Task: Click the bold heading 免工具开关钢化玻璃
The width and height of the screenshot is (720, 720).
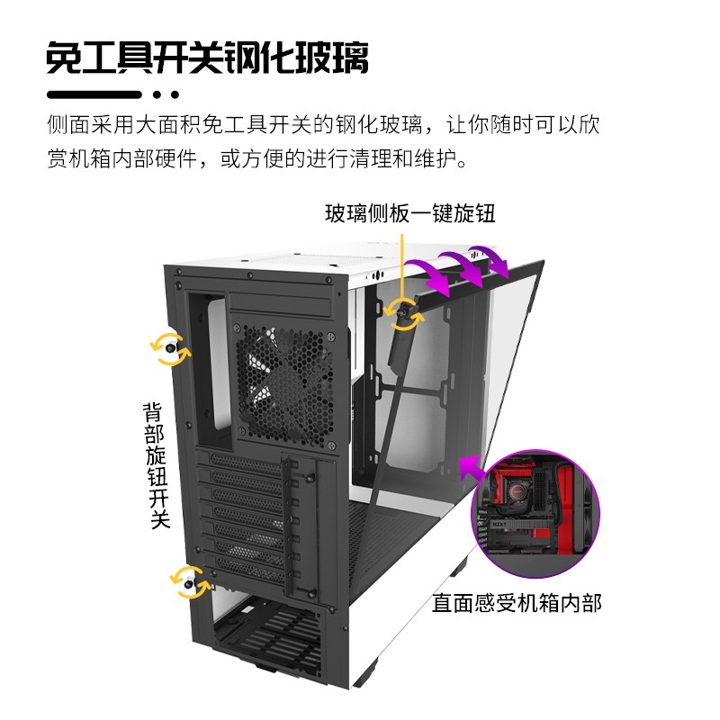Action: (207, 58)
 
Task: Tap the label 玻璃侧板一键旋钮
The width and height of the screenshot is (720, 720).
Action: (409, 213)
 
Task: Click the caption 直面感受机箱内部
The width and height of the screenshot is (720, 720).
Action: (516, 602)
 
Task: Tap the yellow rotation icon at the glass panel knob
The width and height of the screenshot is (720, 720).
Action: (402, 311)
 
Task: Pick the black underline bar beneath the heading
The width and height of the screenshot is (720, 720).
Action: (94, 94)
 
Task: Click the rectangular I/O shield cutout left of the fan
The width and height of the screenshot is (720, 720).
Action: (210, 371)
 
